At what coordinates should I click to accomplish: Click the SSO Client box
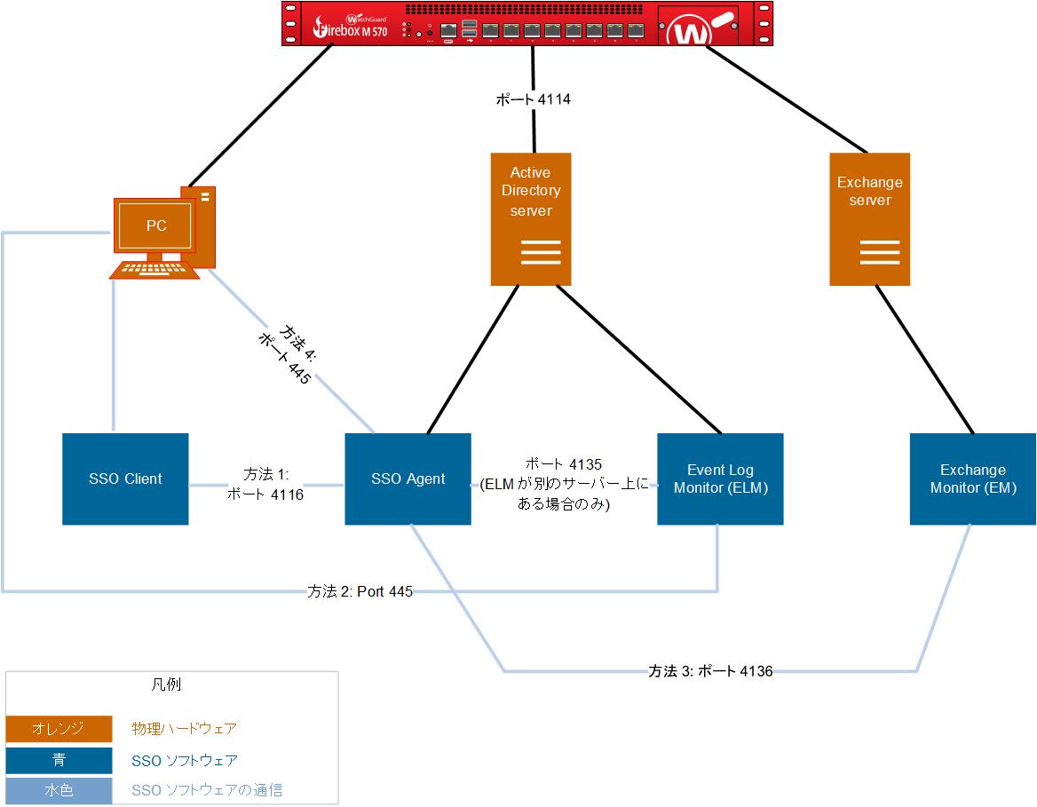tap(125, 479)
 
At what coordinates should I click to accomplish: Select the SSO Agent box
tap(408, 479)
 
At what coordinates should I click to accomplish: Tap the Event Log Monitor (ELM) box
tap(720, 479)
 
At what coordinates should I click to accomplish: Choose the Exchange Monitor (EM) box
tap(973, 479)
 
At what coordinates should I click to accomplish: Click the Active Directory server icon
tap(531, 219)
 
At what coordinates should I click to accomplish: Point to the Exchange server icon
tap(869, 219)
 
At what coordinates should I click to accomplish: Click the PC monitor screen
tap(156, 225)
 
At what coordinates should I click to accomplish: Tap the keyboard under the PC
tap(156, 268)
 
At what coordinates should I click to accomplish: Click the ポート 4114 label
tap(533, 100)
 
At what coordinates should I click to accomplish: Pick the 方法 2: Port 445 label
tap(360, 591)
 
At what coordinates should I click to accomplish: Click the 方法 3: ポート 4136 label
tap(710, 671)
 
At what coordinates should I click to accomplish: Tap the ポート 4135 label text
tap(564, 464)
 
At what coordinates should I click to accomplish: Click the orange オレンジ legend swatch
tap(59, 729)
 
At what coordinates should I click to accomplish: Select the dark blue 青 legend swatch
tap(59, 760)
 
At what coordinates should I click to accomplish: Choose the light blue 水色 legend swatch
tap(59, 790)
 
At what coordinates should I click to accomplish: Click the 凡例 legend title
tap(168, 684)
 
